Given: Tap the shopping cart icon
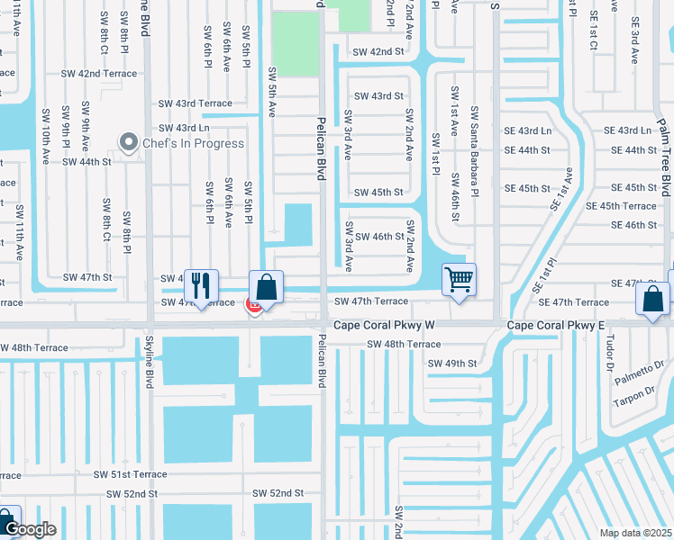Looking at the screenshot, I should [x=460, y=281].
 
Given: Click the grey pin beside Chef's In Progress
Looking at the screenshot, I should [x=129, y=142].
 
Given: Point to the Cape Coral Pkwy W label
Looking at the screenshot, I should [x=384, y=324].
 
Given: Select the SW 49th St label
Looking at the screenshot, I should [x=451, y=364].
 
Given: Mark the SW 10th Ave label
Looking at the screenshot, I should [x=44, y=130].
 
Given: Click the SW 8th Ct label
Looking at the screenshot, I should [x=105, y=220].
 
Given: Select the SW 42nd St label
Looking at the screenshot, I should [x=378, y=52].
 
